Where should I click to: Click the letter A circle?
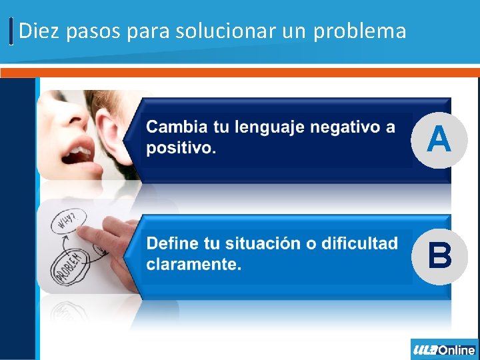pos(439,139)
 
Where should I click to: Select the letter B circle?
pos(439,255)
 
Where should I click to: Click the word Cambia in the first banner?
pos(175,127)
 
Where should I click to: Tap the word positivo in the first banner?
pos(180,148)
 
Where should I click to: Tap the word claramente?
pos(193,264)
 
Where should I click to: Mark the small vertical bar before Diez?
pos(12,31)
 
